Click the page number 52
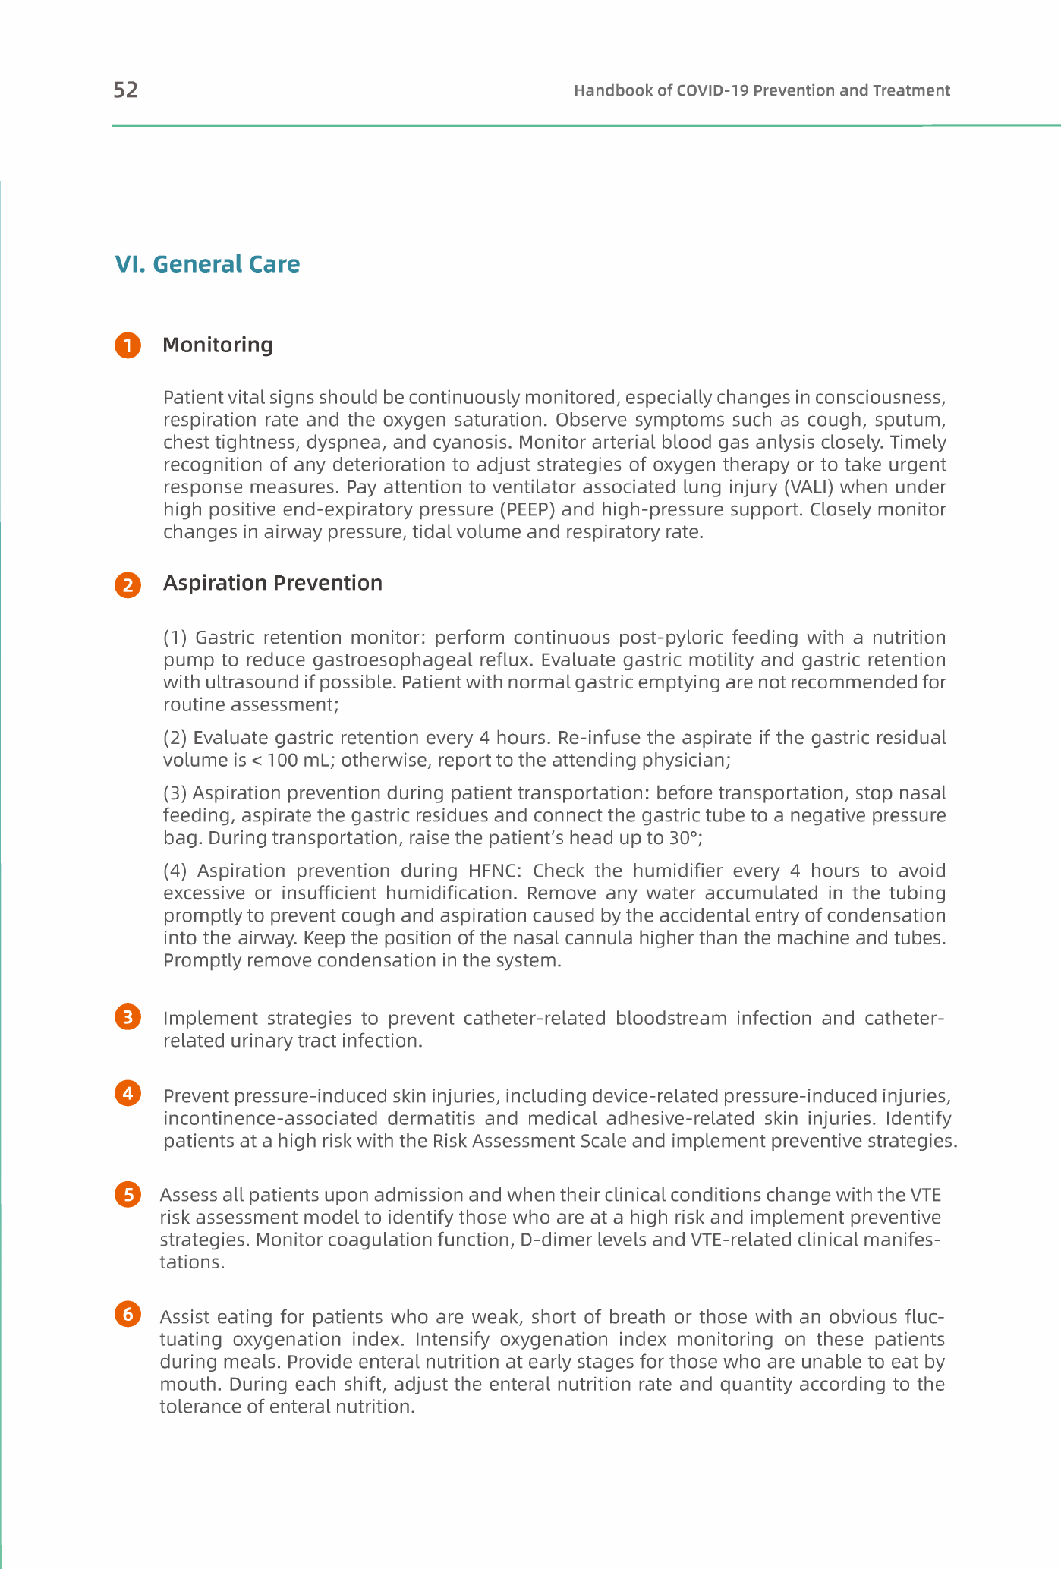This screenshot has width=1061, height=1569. point(125,90)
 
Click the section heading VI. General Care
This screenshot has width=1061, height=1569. point(207,264)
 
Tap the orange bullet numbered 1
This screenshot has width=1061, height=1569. point(128,345)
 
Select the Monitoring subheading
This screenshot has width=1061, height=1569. point(218,345)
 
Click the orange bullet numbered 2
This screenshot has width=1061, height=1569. point(128,585)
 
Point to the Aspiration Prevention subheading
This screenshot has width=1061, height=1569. point(272,583)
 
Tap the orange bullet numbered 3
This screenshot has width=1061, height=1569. point(128,1016)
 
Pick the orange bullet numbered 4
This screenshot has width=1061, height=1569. point(128,1093)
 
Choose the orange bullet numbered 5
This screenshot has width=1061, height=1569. point(128,1195)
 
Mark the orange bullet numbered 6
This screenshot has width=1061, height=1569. point(128,1314)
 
